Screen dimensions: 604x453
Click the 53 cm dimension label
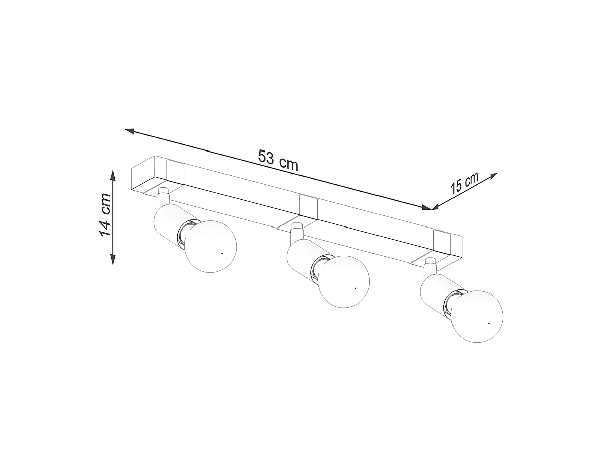pos(278,160)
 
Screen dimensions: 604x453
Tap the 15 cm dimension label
pos(465,183)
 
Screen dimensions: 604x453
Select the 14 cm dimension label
pos(105,214)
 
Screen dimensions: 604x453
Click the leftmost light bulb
pos(210,247)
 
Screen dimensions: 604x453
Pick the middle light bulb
pos(343,281)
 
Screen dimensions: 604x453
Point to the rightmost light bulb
pos(477,316)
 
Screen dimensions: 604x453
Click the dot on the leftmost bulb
pos(222,253)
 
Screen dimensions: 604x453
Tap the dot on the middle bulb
pos(355,288)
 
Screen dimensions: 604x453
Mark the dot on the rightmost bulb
pos(489,323)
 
